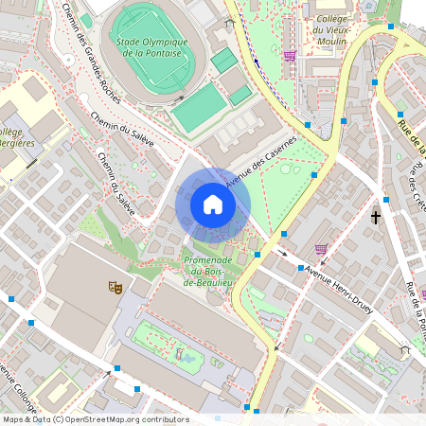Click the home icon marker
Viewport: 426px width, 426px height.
(213, 204)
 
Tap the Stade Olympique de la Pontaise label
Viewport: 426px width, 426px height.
(150, 47)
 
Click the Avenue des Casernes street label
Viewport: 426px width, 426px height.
(259, 162)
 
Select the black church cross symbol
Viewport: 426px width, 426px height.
(376, 217)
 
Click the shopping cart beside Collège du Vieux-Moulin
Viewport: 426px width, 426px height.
(289, 56)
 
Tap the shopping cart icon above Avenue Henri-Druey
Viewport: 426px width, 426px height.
(321, 249)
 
